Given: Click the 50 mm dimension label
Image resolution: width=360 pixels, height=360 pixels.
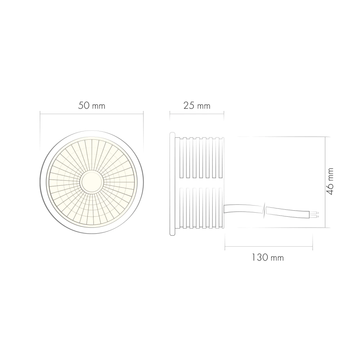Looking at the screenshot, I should (91, 106).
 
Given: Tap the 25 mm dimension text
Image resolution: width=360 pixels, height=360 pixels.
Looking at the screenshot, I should (197, 106).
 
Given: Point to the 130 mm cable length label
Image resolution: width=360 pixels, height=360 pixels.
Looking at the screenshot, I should (267, 258).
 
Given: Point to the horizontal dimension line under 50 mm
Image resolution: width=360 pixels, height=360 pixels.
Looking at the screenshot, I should (91, 114).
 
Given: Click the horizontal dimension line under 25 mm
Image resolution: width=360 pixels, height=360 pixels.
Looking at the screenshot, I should (197, 114).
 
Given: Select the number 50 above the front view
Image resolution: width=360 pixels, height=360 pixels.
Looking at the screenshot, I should (83, 106).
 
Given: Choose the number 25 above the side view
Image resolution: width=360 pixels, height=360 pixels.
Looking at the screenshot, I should (188, 106).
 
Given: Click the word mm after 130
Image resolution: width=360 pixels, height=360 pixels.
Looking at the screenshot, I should (277, 258).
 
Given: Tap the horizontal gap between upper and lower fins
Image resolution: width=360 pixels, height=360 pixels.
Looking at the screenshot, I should (202, 183).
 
